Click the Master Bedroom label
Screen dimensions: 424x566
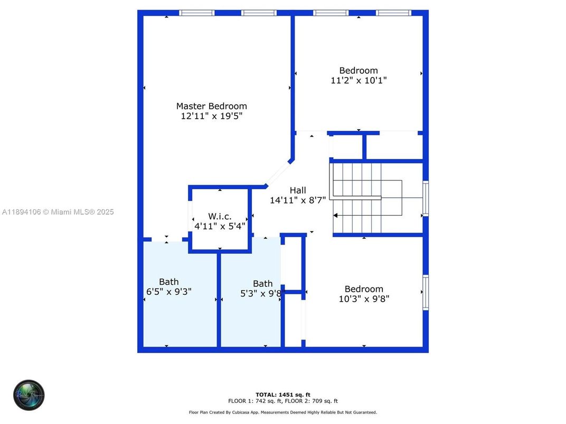click(211, 106)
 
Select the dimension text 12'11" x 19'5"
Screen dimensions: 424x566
click(211, 116)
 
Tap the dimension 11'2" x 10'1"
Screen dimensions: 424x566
click(359, 81)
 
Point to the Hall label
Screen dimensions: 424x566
click(298, 190)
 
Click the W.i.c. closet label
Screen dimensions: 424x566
click(220, 216)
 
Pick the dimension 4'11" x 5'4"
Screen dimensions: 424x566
click(220, 226)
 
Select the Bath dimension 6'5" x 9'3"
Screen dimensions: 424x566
click(169, 292)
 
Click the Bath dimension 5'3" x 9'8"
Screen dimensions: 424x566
click(262, 294)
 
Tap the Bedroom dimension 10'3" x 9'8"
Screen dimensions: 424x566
click(364, 299)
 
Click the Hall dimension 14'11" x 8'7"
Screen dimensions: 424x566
click(298, 200)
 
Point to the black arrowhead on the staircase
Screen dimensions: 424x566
click(336, 215)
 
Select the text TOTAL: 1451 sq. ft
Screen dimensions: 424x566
click(283, 394)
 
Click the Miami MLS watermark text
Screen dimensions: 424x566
click(58, 212)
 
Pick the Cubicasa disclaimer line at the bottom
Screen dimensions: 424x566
click(283, 412)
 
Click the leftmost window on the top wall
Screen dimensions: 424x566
click(197, 13)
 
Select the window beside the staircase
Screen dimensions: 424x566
click(426, 198)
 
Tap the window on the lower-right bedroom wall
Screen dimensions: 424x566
click(426, 292)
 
